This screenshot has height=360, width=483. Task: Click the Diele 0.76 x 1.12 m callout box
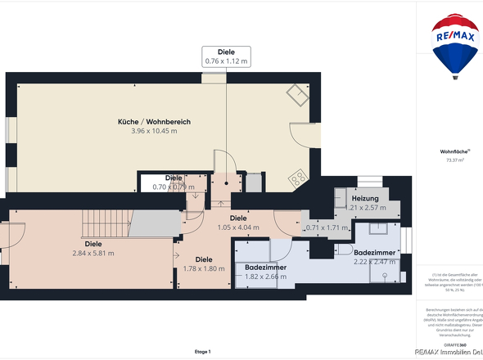[226, 56]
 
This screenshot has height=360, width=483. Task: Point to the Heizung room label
[365, 199]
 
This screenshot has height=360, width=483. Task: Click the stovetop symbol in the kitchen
[296, 177]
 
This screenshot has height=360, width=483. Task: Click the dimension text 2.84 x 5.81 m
[93, 253]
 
